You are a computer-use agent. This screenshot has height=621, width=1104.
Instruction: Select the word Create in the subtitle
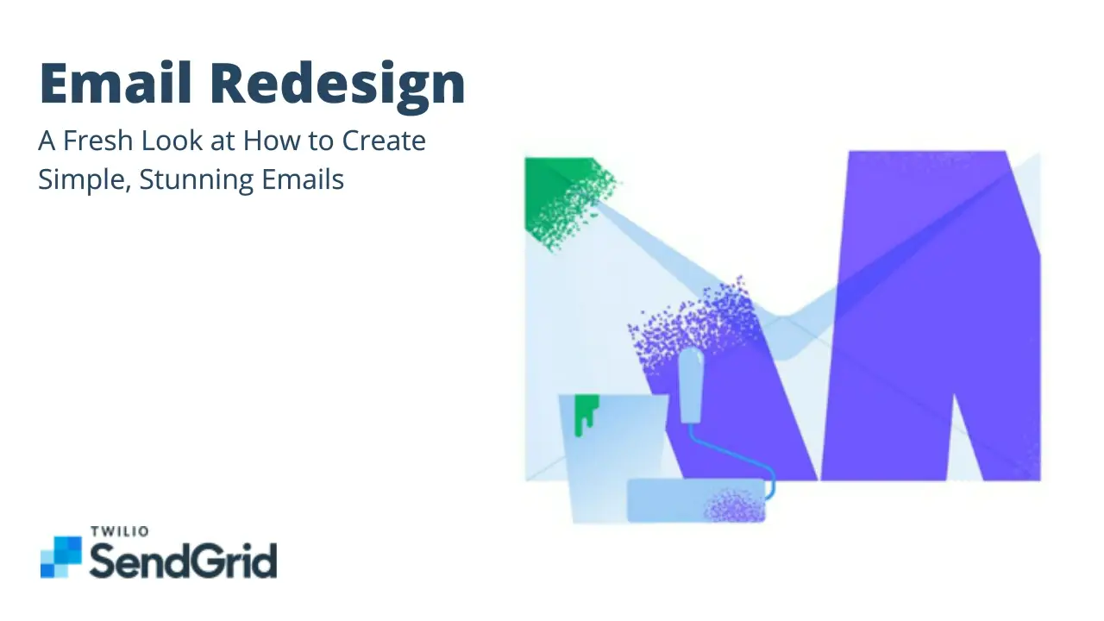[x=385, y=141]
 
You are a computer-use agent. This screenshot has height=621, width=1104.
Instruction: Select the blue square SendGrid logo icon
[x=60, y=556]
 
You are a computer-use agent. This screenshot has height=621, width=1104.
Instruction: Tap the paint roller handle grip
[x=690, y=386]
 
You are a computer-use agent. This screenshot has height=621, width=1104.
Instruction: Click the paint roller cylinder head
[x=694, y=500]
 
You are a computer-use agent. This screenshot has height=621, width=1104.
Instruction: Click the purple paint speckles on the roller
[x=735, y=506]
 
